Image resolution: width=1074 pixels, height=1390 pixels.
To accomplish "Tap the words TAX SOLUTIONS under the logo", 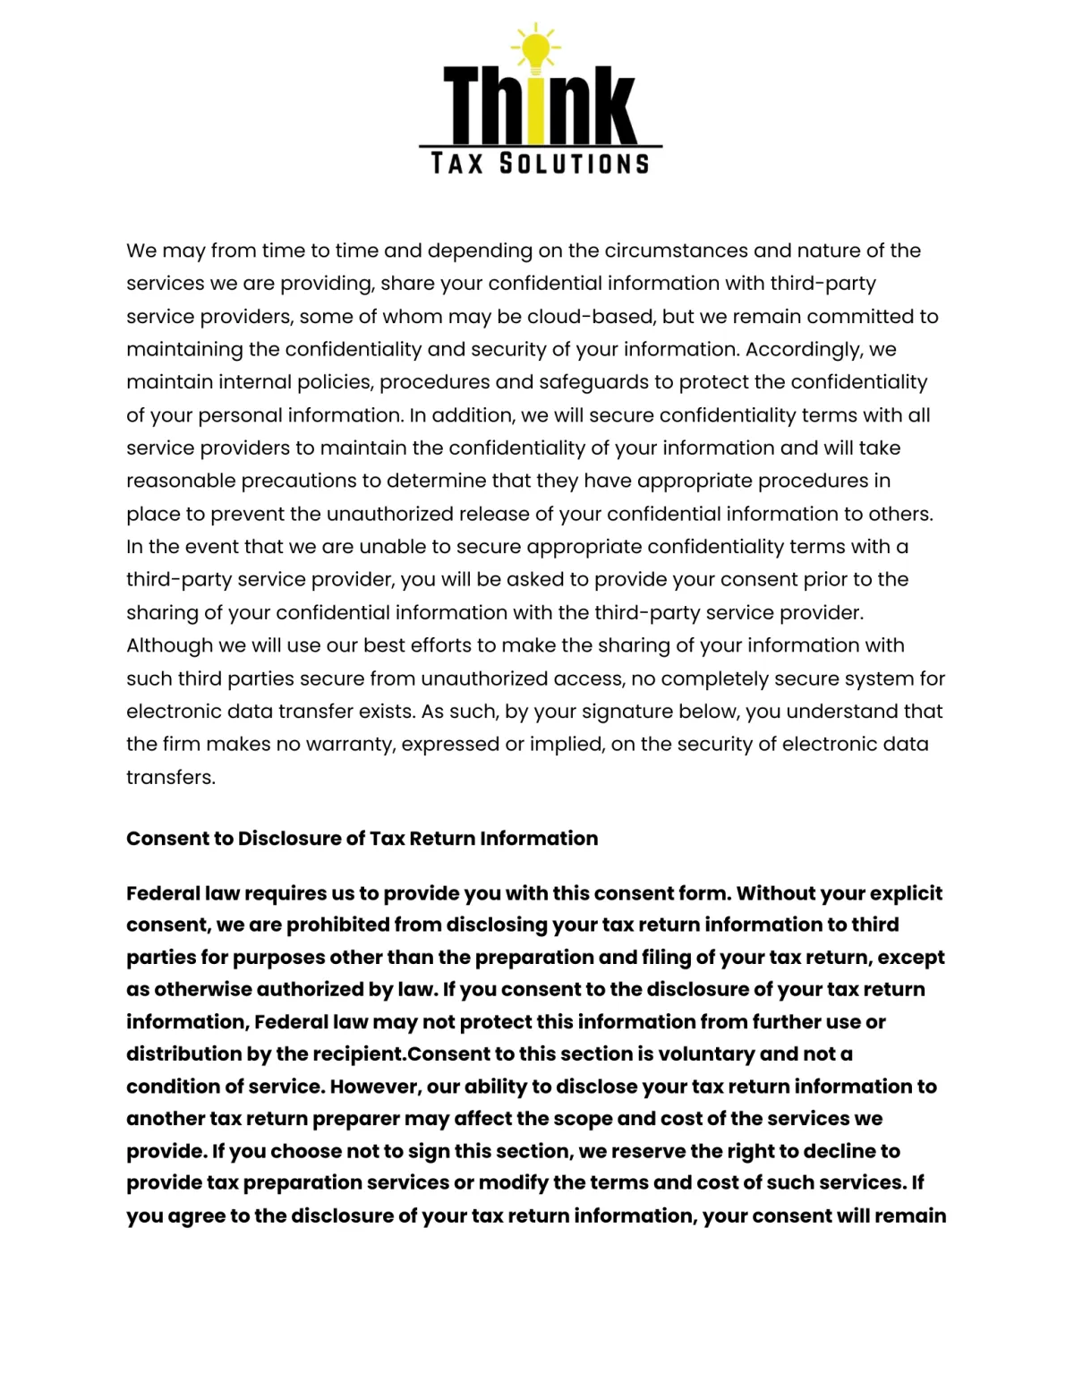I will (540, 164).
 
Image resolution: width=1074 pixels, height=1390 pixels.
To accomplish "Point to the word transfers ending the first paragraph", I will (170, 778).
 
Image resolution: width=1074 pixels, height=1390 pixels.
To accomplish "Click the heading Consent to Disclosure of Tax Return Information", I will (362, 839).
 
